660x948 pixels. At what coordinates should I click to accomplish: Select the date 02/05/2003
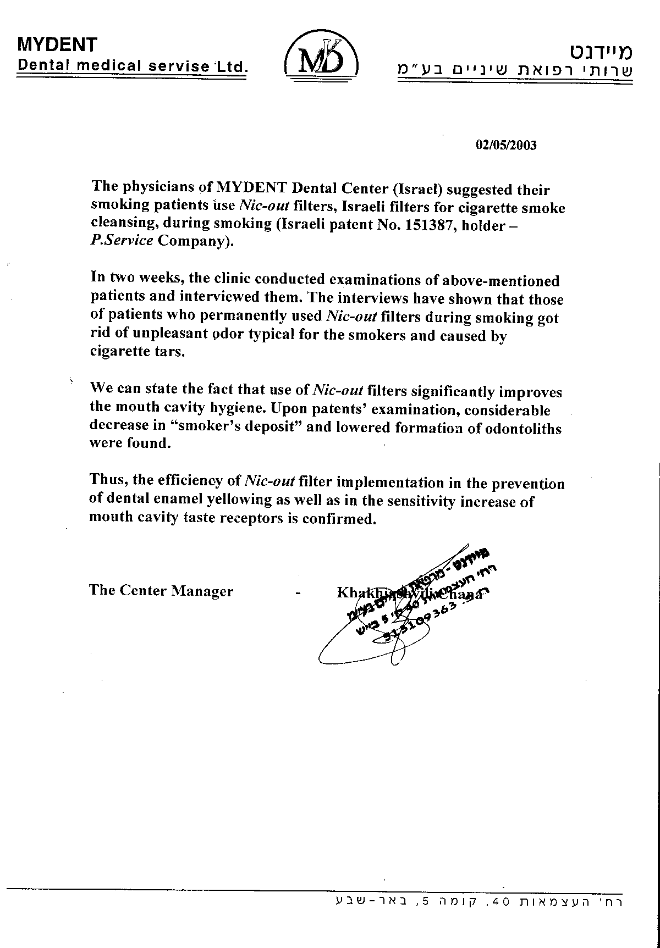coord(505,145)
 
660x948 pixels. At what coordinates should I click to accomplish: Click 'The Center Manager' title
coord(161,591)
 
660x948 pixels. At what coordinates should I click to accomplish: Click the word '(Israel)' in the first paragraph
coord(417,190)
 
